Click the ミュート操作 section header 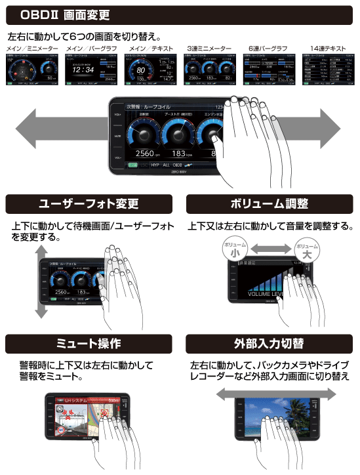click(x=90, y=343)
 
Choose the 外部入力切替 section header click(x=269, y=343)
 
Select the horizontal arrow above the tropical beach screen click(x=275, y=392)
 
